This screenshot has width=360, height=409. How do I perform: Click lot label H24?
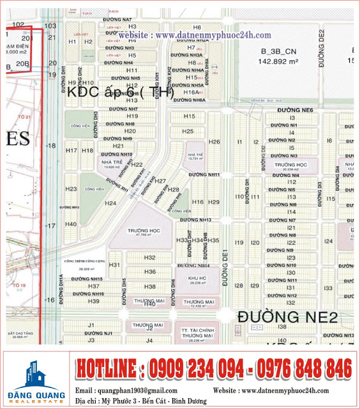pyautogui.click(x=110, y=203)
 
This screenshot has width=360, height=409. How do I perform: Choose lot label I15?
pyautogui.click(x=330, y=199)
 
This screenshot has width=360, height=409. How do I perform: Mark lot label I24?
pyautogui.click(x=329, y=241)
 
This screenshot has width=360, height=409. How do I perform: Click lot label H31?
pyautogui.click(x=115, y=265)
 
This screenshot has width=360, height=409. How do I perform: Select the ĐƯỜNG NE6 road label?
pyautogui.click(x=298, y=111)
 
